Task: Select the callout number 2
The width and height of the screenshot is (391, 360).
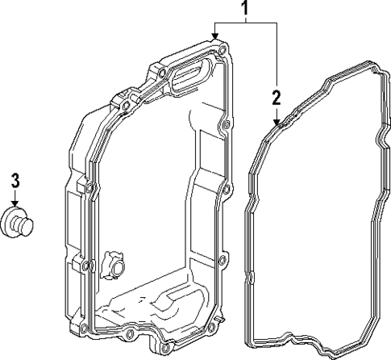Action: pos(276,98)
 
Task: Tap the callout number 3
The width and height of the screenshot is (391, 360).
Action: pos(15,180)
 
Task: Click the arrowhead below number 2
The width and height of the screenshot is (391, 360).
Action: pos(277,122)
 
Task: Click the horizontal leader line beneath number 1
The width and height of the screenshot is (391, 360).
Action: pos(245,24)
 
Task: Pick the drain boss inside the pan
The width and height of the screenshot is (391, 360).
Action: pos(114,266)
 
